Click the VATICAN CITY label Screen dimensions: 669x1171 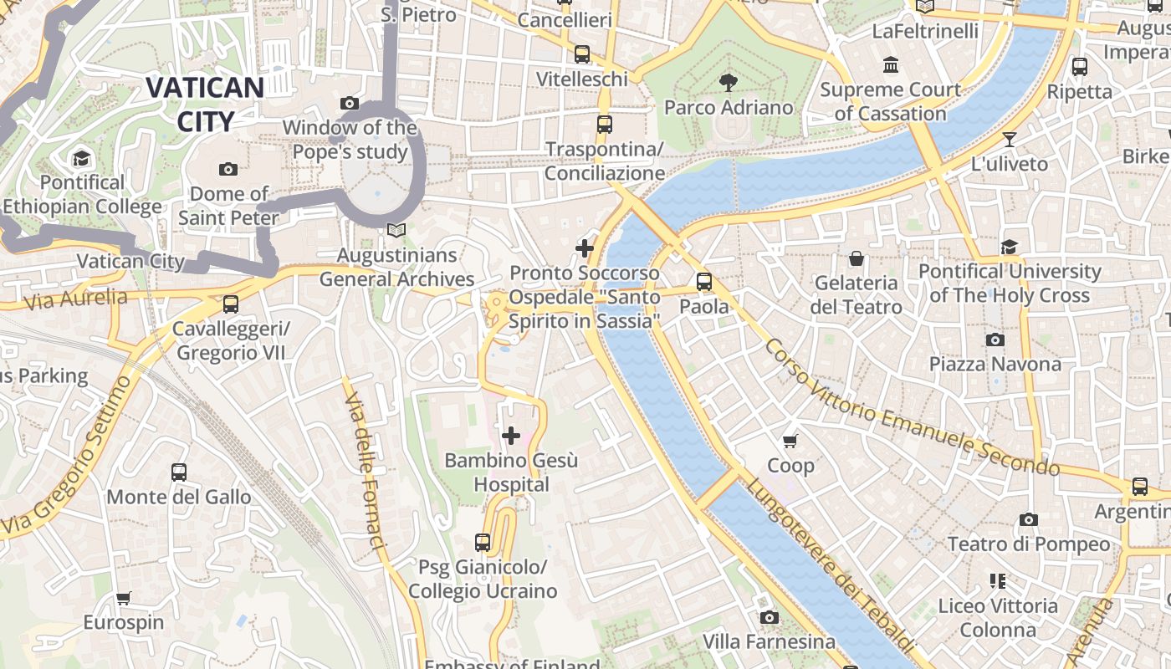tap(205, 104)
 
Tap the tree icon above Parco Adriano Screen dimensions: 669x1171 tap(729, 82)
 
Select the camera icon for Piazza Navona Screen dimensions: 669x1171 tap(995, 340)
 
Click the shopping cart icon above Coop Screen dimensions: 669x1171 tap(790, 441)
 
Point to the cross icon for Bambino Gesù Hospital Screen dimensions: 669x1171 tap(511, 436)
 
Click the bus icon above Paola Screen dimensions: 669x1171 tap(704, 282)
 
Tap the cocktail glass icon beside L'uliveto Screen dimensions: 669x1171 tap(1010, 140)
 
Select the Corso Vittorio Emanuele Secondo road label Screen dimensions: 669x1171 tap(912, 407)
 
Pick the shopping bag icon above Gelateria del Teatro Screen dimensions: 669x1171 tap(856, 258)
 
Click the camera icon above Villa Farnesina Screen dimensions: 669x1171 tap(770, 617)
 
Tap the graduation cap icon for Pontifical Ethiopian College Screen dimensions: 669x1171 tap(81, 158)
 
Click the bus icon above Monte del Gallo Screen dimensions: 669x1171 tap(179, 472)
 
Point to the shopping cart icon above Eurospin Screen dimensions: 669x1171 tap(124, 598)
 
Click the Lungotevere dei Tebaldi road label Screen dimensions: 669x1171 tap(828, 569)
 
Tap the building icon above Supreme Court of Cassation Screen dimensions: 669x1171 tap(891, 65)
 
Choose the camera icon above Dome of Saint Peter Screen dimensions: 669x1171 tap(228, 170)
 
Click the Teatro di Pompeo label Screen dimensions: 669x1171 tap(1029, 544)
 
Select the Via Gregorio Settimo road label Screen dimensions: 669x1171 tap(63, 456)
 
